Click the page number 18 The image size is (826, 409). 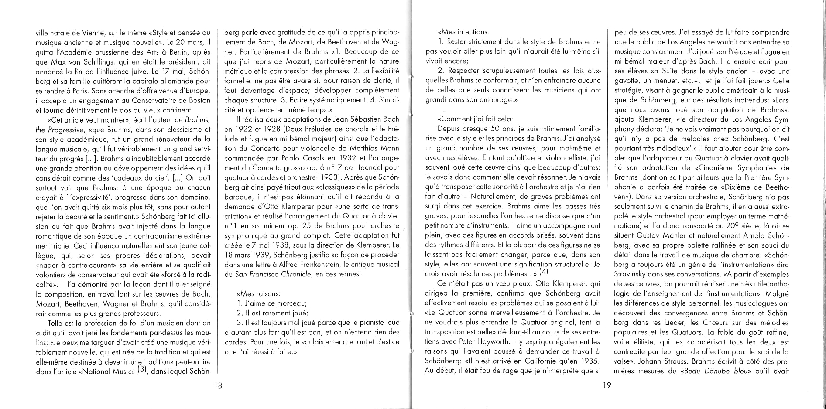218,385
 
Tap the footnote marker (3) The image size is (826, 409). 141,371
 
